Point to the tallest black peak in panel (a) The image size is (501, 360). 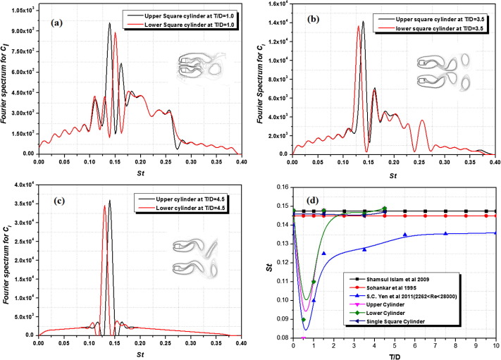pyautogui.click(x=109, y=23)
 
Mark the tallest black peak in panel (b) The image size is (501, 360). pyautogui.click(x=364, y=22)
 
